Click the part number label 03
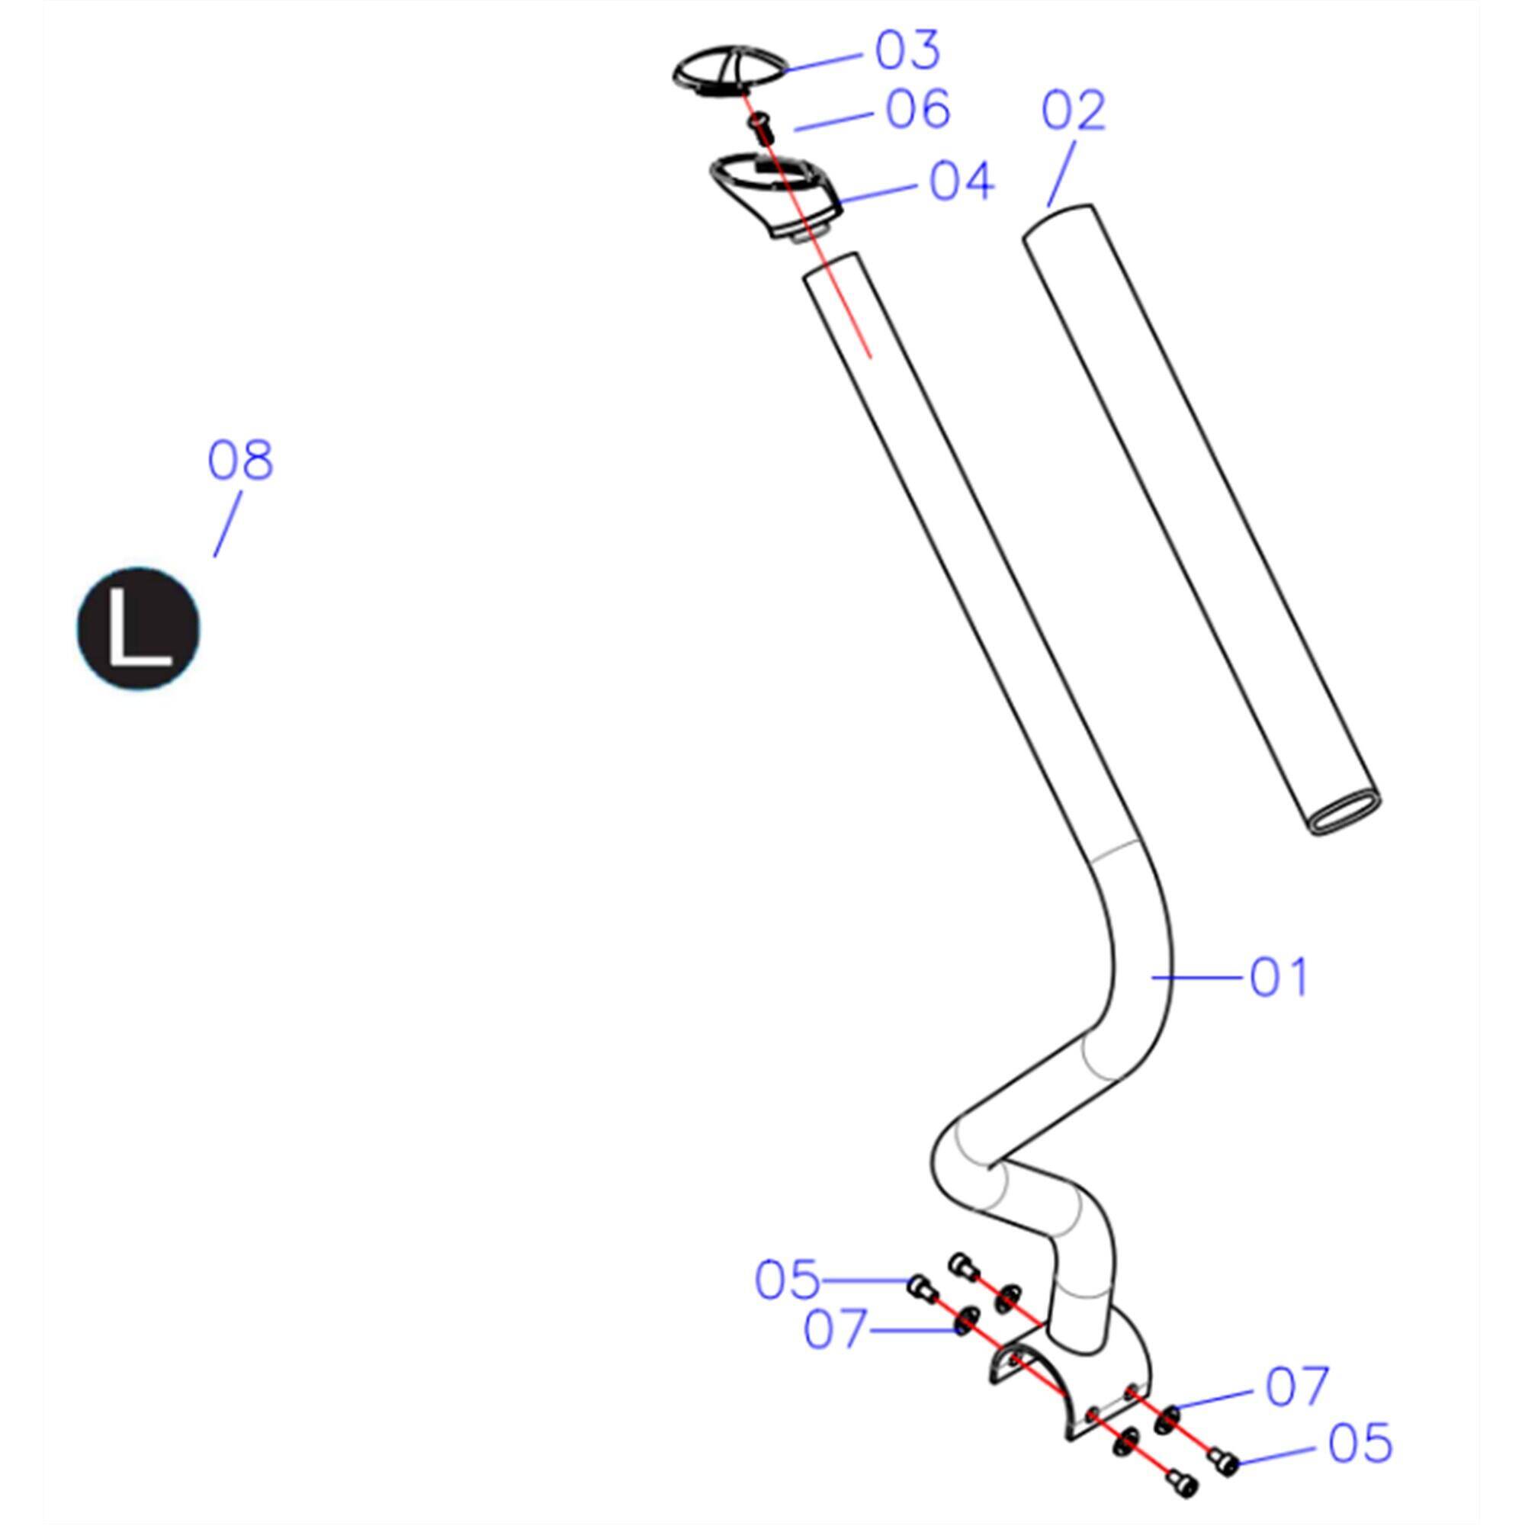(x=907, y=50)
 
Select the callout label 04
(x=961, y=182)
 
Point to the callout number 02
(x=1073, y=111)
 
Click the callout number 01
(x=1279, y=977)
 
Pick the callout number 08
(x=240, y=461)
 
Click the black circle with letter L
(x=138, y=628)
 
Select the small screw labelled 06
(x=760, y=127)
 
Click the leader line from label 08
(x=227, y=524)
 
